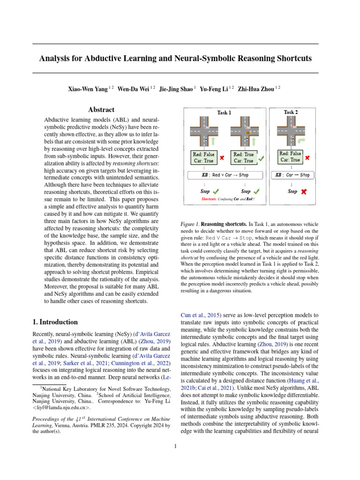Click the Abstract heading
point(101,110)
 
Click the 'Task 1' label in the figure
point(224,112)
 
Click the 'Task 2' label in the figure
point(291,112)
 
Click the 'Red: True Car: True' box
point(243,157)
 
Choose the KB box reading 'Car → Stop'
point(292,175)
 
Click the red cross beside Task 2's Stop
point(304,192)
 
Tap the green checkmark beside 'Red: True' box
point(261,158)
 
